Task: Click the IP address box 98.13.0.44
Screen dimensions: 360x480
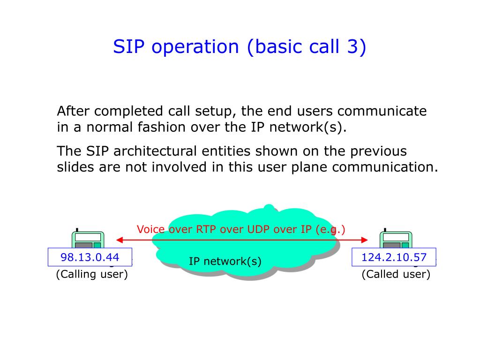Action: click(x=90, y=257)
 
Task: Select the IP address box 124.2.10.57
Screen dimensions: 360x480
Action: click(x=394, y=257)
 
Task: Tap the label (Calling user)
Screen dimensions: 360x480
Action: click(x=92, y=274)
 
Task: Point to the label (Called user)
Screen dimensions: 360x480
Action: click(x=396, y=274)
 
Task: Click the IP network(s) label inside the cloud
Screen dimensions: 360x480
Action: click(x=225, y=261)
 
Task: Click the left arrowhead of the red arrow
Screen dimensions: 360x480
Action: click(x=119, y=240)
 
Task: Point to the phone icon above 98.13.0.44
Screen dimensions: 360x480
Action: click(x=88, y=240)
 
